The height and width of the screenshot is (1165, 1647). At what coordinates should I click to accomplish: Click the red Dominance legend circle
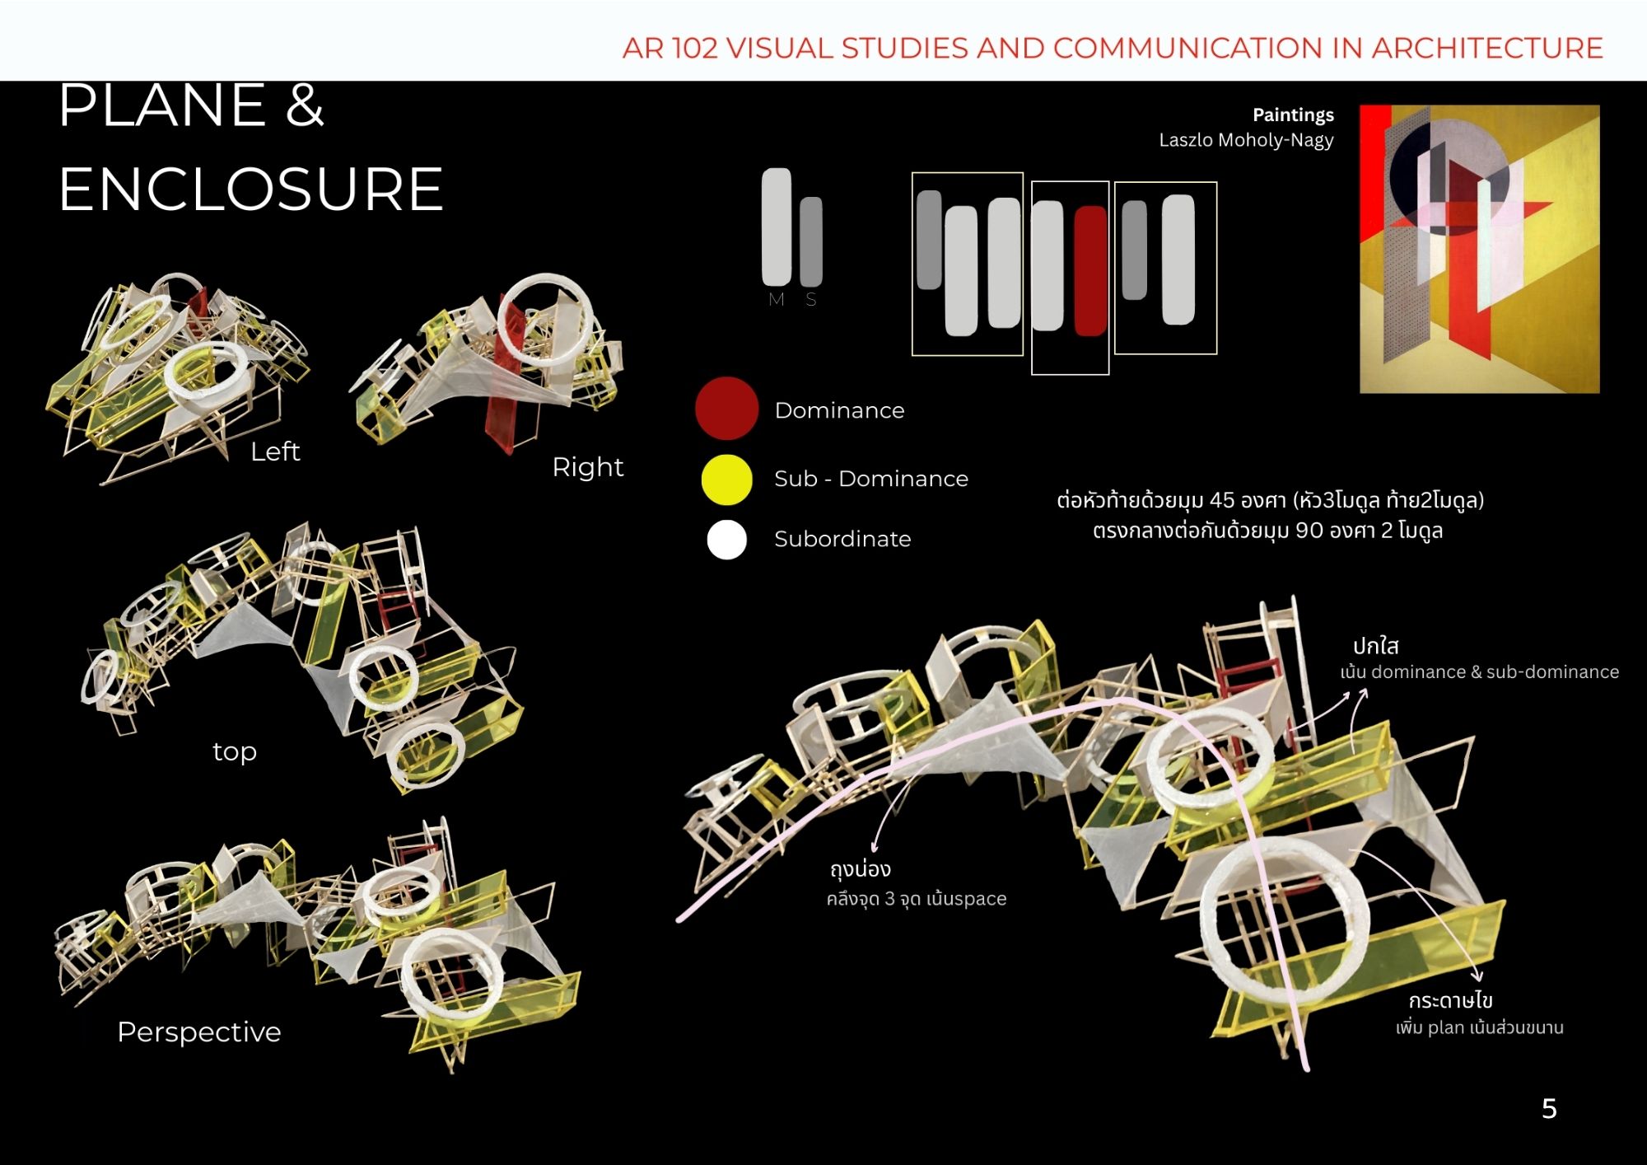pyautogui.click(x=726, y=409)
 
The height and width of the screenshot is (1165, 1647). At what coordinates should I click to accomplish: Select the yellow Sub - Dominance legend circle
pyautogui.click(x=726, y=480)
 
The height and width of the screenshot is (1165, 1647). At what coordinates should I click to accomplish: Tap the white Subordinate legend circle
pyautogui.click(x=727, y=540)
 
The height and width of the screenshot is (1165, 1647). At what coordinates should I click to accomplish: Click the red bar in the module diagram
pyautogui.click(x=1090, y=271)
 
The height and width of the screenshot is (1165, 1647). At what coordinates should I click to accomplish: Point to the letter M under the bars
pyautogui.click(x=776, y=300)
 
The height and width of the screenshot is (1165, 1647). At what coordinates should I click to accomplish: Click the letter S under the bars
pyautogui.click(x=811, y=300)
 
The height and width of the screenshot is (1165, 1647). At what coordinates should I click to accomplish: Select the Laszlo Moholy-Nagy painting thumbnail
pyautogui.click(x=1479, y=249)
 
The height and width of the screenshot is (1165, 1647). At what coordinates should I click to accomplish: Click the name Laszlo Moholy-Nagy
pyautogui.click(x=1246, y=140)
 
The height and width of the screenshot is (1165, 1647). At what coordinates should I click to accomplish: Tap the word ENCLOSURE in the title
pyautogui.click(x=251, y=189)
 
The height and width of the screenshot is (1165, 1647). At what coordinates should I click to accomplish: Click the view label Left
pyautogui.click(x=275, y=451)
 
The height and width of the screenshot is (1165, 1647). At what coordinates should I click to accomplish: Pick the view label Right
pyautogui.click(x=587, y=467)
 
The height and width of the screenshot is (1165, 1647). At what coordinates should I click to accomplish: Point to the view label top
pyautogui.click(x=235, y=752)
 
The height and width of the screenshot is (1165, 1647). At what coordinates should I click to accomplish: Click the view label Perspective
pyautogui.click(x=199, y=1032)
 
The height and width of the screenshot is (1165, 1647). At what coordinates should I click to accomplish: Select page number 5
pyautogui.click(x=1549, y=1108)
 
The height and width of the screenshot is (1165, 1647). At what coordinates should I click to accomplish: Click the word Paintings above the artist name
pyautogui.click(x=1293, y=115)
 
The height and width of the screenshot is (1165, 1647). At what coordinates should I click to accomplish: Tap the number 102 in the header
pyautogui.click(x=694, y=48)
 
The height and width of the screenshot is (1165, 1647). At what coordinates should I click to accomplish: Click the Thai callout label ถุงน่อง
pyautogui.click(x=861, y=868)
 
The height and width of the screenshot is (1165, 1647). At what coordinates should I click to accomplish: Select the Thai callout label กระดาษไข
pyautogui.click(x=1451, y=1000)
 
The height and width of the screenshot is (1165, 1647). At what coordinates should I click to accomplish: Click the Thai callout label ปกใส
pyautogui.click(x=1376, y=646)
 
